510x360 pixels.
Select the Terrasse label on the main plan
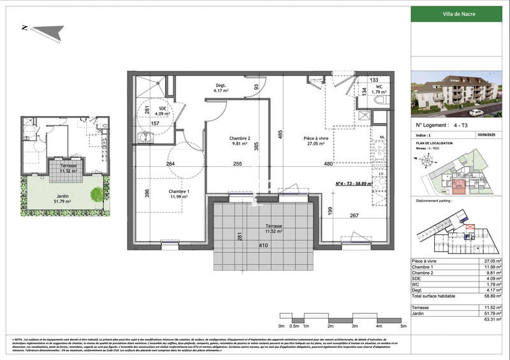[275, 229]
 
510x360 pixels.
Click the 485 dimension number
[279, 134]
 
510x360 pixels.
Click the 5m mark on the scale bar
[402, 326]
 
